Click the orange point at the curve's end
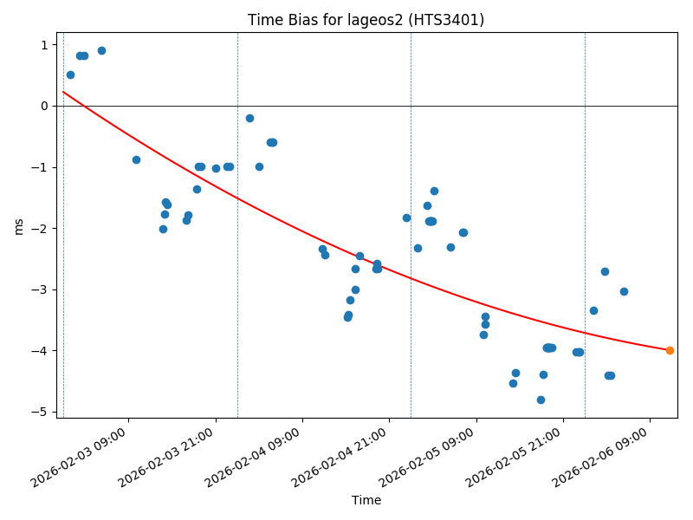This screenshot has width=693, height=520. tap(670, 350)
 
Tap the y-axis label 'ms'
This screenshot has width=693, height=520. tap(19, 225)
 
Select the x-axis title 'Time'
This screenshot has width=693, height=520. tap(366, 500)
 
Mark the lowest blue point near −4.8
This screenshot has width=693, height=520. tap(541, 400)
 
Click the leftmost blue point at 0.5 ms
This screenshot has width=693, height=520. tap(70, 75)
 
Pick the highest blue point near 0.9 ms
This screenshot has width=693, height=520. tap(101, 50)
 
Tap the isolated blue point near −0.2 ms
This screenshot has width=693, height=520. tap(249, 118)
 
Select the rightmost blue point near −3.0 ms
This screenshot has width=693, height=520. tap(624, 291)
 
